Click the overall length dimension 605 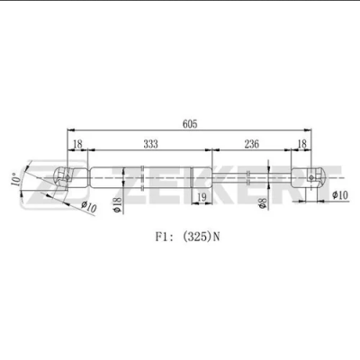coord(190,124)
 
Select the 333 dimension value coord(150,144)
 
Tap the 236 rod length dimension coord(251,144)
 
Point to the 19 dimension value coord(202,197)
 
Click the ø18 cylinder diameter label coord(118,205)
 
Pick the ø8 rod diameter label coord(262,202)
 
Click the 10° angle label coord(16,179)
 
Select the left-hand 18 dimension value coord(77,144)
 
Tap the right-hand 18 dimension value coord(301,144)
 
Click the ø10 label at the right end coord(340,195)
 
